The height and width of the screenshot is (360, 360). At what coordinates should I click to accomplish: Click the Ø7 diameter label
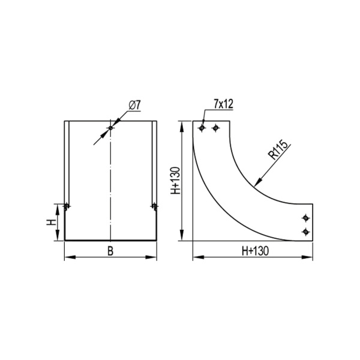[134, 105]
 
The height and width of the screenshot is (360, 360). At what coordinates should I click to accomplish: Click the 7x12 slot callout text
[223, 104]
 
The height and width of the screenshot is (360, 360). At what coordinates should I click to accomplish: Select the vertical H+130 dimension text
[176, 181]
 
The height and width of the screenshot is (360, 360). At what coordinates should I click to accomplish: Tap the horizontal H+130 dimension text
[255, 251]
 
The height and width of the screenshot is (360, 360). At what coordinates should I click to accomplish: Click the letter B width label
[110, 251]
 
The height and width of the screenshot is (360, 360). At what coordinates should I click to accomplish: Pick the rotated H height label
[52, 222]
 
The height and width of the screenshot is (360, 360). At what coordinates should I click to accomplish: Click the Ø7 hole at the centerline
[110, 128]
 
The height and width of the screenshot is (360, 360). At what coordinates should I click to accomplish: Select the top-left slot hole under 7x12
[202, 128]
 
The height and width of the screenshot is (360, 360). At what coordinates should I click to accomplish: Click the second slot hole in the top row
[215, 128]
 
